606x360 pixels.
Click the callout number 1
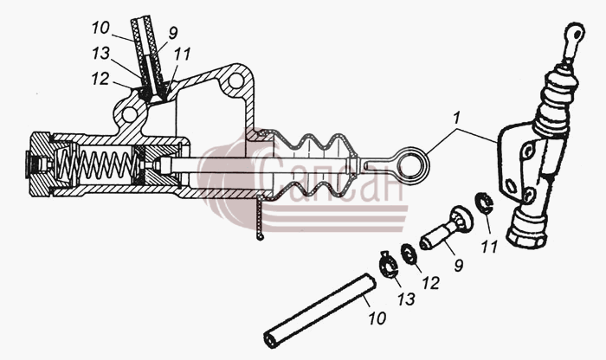coord(457,118)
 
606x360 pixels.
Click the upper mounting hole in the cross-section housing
coord(235,81)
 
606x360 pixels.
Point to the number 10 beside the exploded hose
coord(377,318)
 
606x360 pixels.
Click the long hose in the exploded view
coord(319,310)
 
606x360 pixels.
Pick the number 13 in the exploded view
coord(406,299)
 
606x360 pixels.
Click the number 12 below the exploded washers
coord(431,283)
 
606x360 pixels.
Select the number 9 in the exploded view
coord(458,266)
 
